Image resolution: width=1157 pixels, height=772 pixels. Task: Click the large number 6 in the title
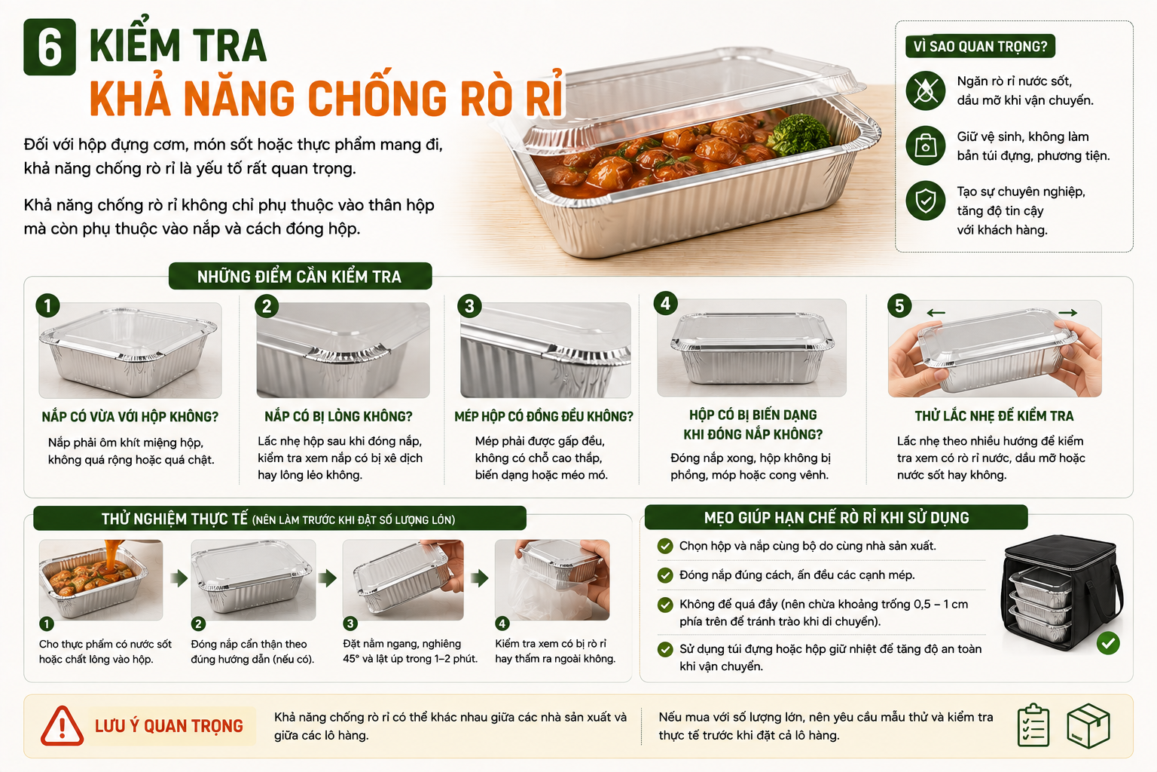50,47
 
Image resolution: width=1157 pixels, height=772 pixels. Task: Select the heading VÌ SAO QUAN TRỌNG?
980,47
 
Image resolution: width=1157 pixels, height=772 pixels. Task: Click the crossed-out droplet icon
925,91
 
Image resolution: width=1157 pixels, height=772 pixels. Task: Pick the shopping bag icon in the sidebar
925,146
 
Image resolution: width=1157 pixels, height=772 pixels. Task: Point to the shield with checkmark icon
925,201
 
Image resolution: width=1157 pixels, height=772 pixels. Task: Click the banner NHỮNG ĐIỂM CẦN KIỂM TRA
300,276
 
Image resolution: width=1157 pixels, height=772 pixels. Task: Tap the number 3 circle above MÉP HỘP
469,306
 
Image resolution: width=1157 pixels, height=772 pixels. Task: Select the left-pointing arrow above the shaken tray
936,313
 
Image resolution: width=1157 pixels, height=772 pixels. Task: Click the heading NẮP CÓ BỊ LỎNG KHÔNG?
338,417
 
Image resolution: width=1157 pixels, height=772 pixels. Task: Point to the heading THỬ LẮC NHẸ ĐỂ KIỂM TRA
994,416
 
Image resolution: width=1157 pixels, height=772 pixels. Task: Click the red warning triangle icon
62,726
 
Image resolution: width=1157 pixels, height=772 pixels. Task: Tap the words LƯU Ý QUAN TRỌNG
169,726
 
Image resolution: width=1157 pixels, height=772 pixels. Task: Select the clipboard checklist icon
1033,725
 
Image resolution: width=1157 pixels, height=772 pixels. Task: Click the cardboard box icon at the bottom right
1088,725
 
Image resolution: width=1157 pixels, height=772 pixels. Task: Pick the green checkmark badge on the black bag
1108,643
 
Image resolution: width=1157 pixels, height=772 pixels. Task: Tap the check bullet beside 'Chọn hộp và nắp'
665,546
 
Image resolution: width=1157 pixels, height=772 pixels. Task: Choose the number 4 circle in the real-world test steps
502,623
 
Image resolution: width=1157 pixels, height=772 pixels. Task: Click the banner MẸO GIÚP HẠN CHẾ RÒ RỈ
836,518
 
